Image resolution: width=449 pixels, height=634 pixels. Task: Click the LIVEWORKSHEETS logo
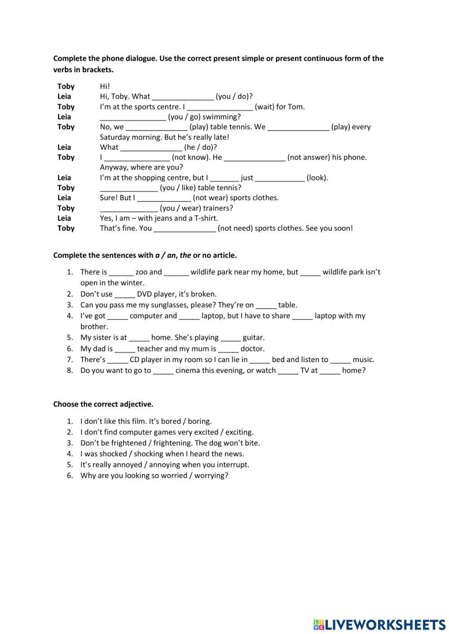click(x=379, y=624)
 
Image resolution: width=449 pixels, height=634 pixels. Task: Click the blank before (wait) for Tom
click(x=220, y=107)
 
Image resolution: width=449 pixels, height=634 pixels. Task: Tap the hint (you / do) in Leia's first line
click(x=234, y=96)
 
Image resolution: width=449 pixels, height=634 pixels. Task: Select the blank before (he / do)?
click(x=151, y=148)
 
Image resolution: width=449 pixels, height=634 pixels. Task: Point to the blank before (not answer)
click(x=254, y=158)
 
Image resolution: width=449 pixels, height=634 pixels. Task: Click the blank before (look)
click(x=279, y=178)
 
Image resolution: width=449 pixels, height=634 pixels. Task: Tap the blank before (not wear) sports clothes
click(x=164, y=198)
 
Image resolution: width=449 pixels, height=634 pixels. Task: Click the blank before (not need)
click(x=185, y=229)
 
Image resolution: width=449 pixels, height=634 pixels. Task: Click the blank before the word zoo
click(x=121, y=272)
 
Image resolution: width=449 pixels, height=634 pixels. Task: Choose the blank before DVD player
click(x=124, y=295)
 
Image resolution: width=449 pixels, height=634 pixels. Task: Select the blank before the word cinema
click(x=163, y=371)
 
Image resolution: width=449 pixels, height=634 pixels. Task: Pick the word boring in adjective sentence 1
click(x=199, y=421)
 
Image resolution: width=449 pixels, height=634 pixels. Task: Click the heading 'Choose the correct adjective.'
click(x=103, y=404)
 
